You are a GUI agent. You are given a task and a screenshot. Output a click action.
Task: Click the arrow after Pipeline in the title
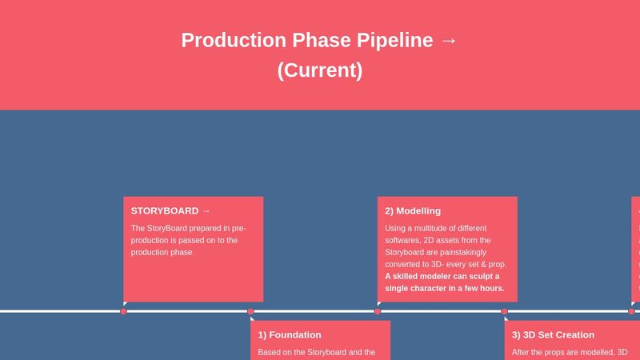pos(449,40)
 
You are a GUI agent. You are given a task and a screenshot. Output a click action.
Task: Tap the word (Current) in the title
pos(320,70)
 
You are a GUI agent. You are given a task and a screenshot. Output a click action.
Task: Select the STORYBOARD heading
pos(165,211)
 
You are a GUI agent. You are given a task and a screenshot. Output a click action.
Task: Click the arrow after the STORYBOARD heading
pos(206,211)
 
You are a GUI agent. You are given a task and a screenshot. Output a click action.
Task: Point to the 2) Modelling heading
pos(413,211)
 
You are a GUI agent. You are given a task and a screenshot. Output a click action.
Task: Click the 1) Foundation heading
pos(290,334)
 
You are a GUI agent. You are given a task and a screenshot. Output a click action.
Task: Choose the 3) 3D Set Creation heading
pos(553,334)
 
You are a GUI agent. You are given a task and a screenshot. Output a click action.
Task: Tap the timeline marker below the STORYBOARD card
pos(124,311)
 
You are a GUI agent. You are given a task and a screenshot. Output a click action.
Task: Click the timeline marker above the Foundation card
pos(250,311)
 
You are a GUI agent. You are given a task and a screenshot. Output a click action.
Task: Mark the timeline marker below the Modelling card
pos(378,311)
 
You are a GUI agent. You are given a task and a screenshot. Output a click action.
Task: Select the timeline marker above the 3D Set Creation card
pos(504,311)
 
